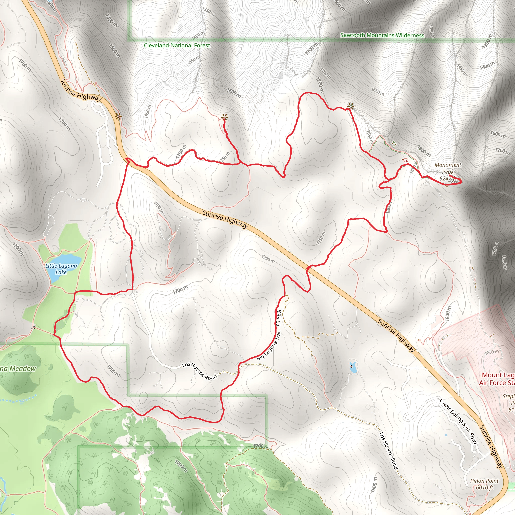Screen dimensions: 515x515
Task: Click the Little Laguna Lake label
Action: point(61,269)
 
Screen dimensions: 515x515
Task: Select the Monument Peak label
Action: point(448,168)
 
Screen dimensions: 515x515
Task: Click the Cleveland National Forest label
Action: point(177,45)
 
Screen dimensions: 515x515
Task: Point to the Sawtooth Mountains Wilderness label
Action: point(382,35)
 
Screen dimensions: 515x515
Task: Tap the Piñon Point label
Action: point(484,481)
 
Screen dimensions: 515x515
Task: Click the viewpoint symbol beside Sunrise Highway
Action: point(118,116)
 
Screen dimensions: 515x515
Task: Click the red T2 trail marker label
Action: point(405,160)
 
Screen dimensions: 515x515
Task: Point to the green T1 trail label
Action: point(394,144)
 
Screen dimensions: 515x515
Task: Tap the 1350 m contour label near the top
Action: point(208,11)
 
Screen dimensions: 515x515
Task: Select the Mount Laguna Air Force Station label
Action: point(497,379)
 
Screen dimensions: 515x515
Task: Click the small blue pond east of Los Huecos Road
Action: point(353,368)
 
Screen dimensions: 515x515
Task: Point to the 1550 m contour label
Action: point(194,60)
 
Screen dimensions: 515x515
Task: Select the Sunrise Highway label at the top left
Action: point(81,90)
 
